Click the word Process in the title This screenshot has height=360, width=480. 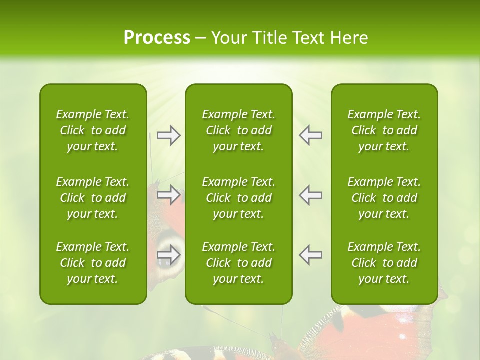pos(157,38)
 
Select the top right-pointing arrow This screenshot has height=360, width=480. pos(169,135)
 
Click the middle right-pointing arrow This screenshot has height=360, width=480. pos(169,195)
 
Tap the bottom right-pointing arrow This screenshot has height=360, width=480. pos(169,255)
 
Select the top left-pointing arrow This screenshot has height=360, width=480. pos(310,135)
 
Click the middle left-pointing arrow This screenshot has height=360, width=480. pos(310,195)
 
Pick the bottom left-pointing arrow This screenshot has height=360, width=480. pos(310,255)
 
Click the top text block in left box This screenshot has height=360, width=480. pos(93,130)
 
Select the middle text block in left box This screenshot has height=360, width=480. pos(93,198)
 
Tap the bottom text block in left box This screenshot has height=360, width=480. pos(93,263)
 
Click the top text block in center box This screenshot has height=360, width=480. pos(239,130)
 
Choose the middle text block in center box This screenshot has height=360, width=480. pos(239,198)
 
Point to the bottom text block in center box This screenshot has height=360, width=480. pos(239,263)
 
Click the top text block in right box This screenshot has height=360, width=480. pos(384,130)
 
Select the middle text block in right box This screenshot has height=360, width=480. pos(384,198)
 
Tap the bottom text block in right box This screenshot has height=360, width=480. pos(384,263)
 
